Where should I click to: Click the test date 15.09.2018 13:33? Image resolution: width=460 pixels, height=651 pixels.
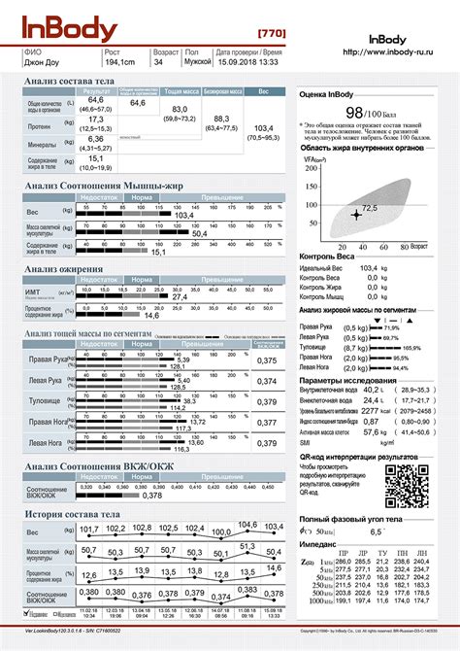tap(246, 62)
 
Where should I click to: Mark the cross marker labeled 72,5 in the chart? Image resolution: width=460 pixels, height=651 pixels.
tap(356, 213)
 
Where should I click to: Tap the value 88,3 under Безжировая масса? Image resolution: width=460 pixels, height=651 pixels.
tap(222, 119)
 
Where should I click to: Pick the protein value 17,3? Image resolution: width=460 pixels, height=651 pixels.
tap(96, 119)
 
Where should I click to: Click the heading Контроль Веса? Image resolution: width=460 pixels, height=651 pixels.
tap(332, 256)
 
